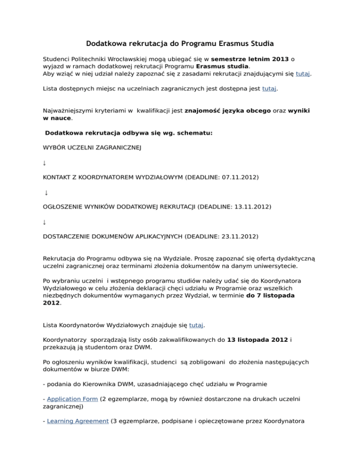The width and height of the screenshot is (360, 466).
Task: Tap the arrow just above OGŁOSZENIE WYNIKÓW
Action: [x=46, y=193]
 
